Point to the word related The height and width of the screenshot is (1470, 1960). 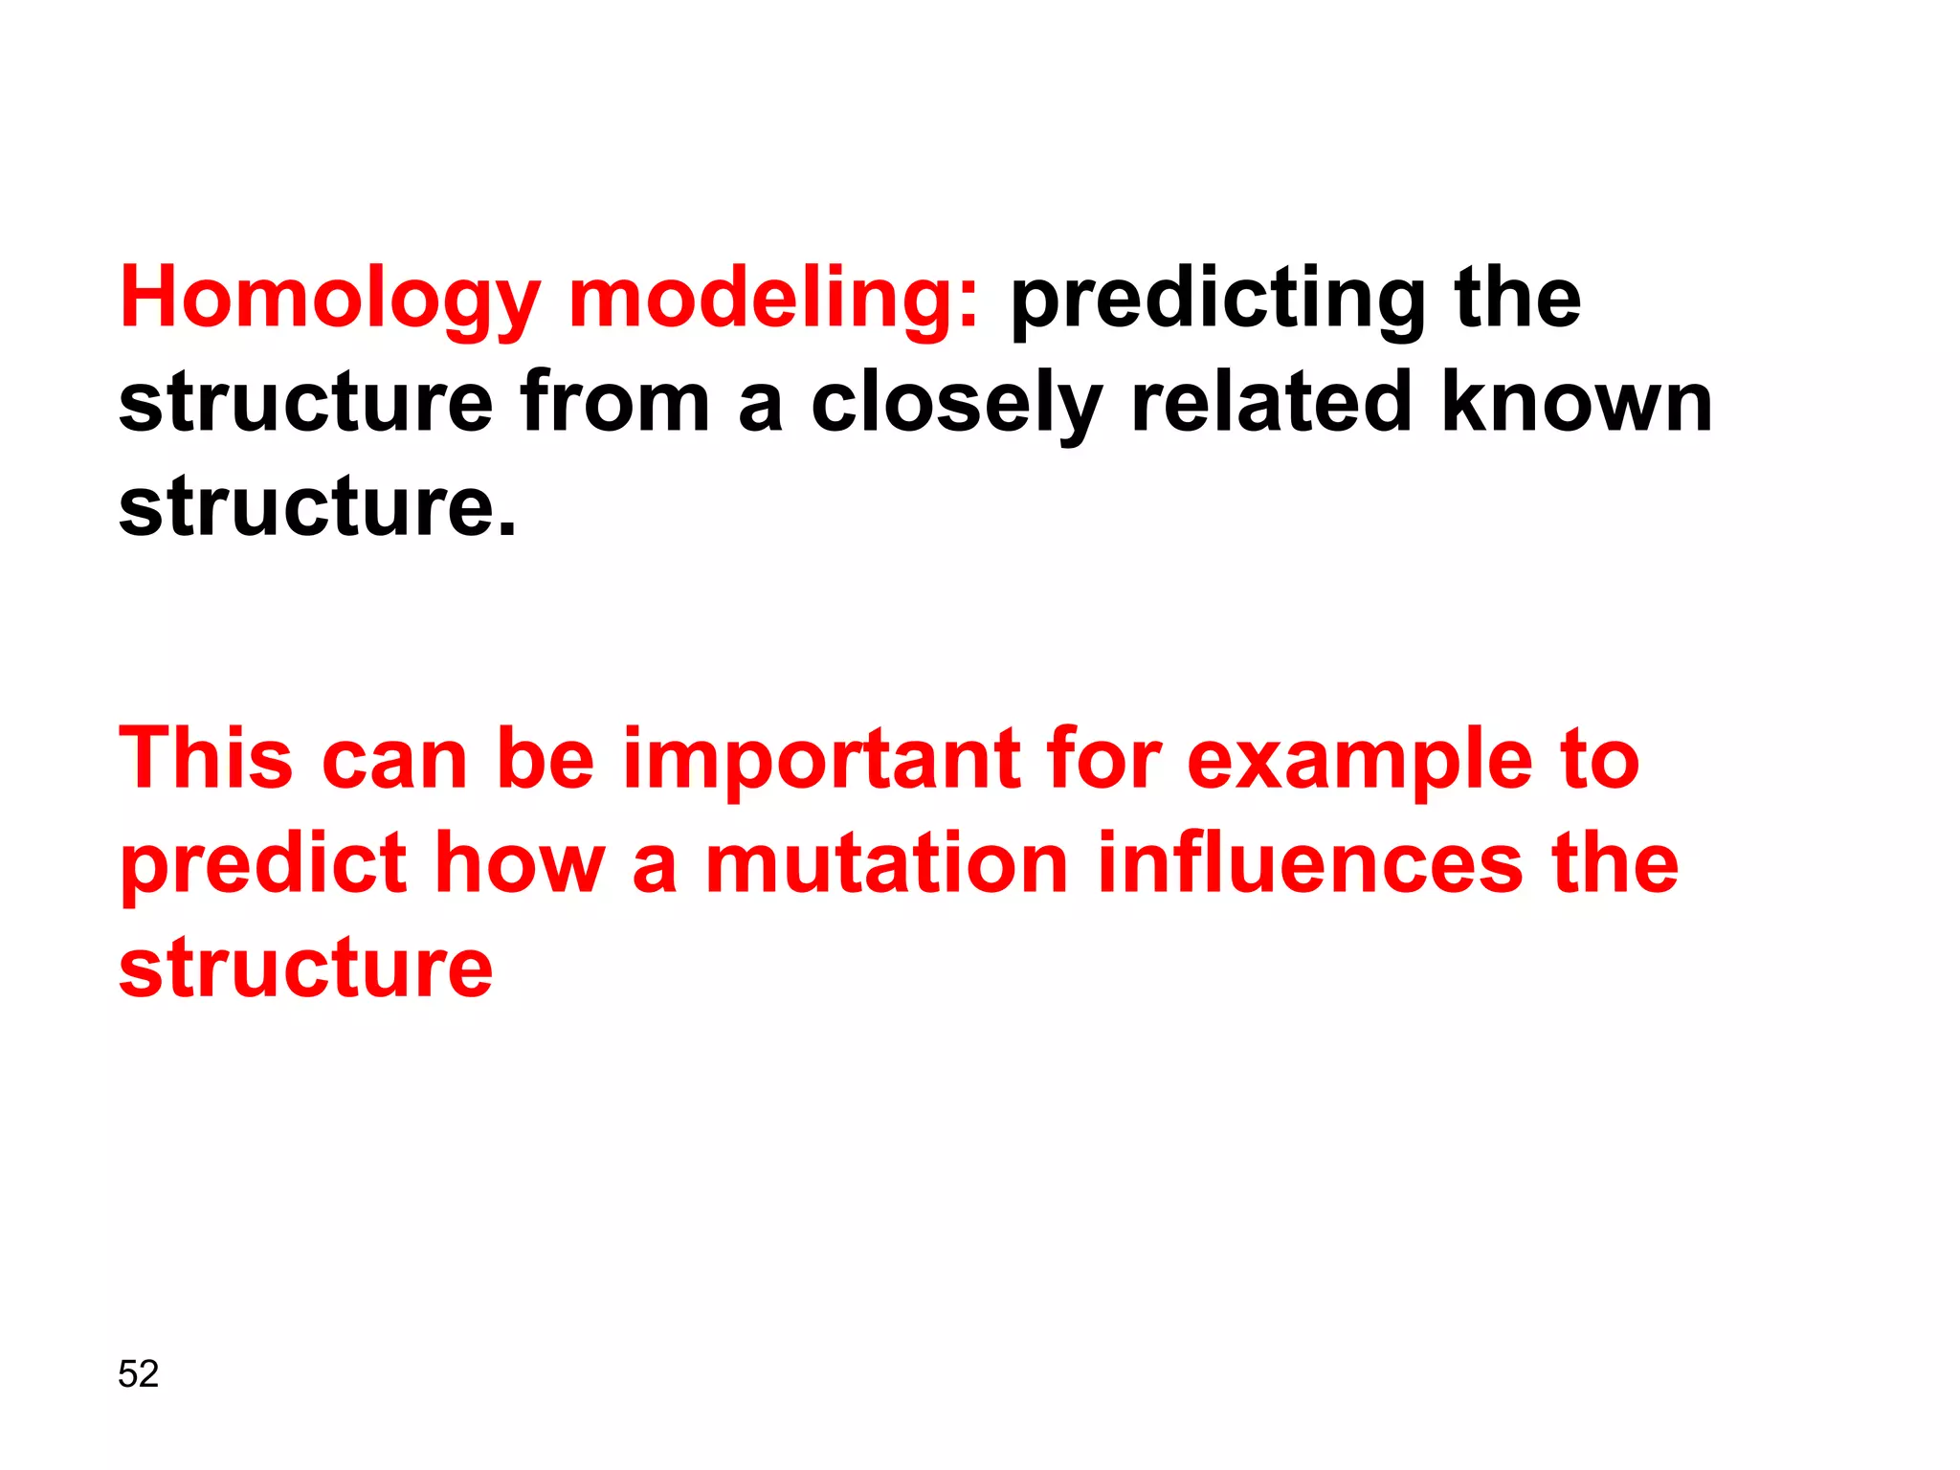[1271, 402]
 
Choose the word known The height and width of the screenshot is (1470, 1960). [1576, 402]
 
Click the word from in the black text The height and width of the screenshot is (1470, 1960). [614, 402]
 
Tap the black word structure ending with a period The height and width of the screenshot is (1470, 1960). [317, 506]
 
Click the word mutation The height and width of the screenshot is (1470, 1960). [886, 863]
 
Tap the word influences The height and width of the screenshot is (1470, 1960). [1309, 863]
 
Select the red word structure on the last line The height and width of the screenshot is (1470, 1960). [305, 969]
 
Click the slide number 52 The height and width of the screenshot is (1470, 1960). [138, 1374]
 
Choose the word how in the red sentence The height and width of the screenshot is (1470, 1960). [521, 863]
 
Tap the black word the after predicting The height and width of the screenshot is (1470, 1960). [1517, 299]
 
